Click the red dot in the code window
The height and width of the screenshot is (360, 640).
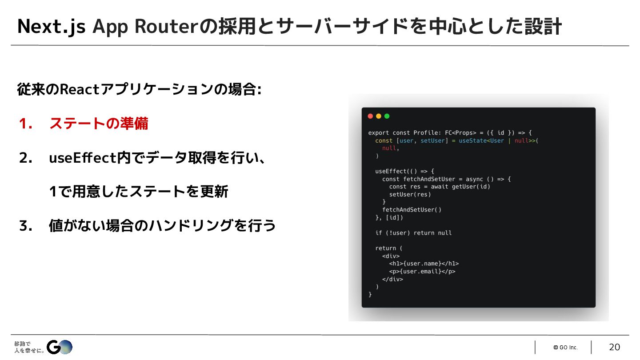(x=370, y=116)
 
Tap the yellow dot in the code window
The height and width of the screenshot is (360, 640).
(x=379, y=116)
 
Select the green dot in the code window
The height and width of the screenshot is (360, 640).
(x=387, y=116)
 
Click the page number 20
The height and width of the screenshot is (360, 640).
(x=614, y=347)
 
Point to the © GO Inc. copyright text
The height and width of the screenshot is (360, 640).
(x=565, y=348)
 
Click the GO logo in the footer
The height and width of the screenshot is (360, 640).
(x=60, y=347)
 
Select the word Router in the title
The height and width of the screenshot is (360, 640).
(x=165, y=27)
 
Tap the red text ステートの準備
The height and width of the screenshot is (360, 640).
(x=99, y=124)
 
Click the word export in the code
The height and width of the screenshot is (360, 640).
(x=379, y=133)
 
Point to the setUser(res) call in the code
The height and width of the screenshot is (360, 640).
(x=410, y=194)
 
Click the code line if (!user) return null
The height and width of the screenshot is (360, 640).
(x=413, y=233)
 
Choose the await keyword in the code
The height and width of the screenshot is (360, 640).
(x=440, y=187)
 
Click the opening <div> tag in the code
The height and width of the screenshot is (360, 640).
(x=391, y=256)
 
